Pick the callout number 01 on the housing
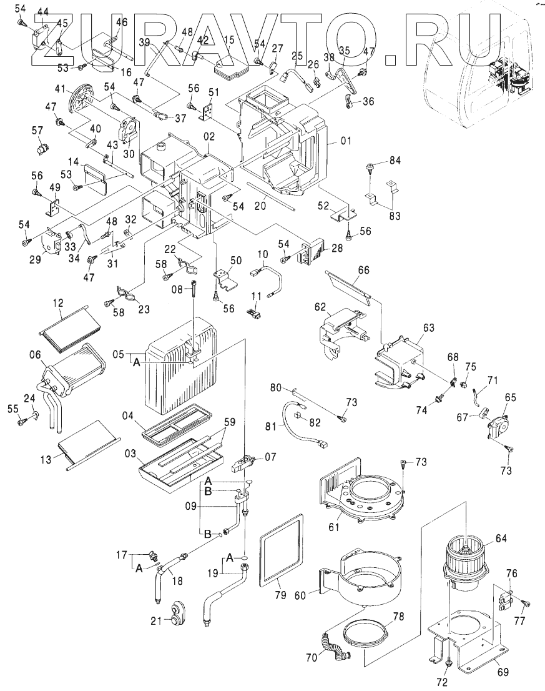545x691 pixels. [346, 142]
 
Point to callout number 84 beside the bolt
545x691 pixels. [393, 161]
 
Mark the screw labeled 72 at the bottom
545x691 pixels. [448, 662]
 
